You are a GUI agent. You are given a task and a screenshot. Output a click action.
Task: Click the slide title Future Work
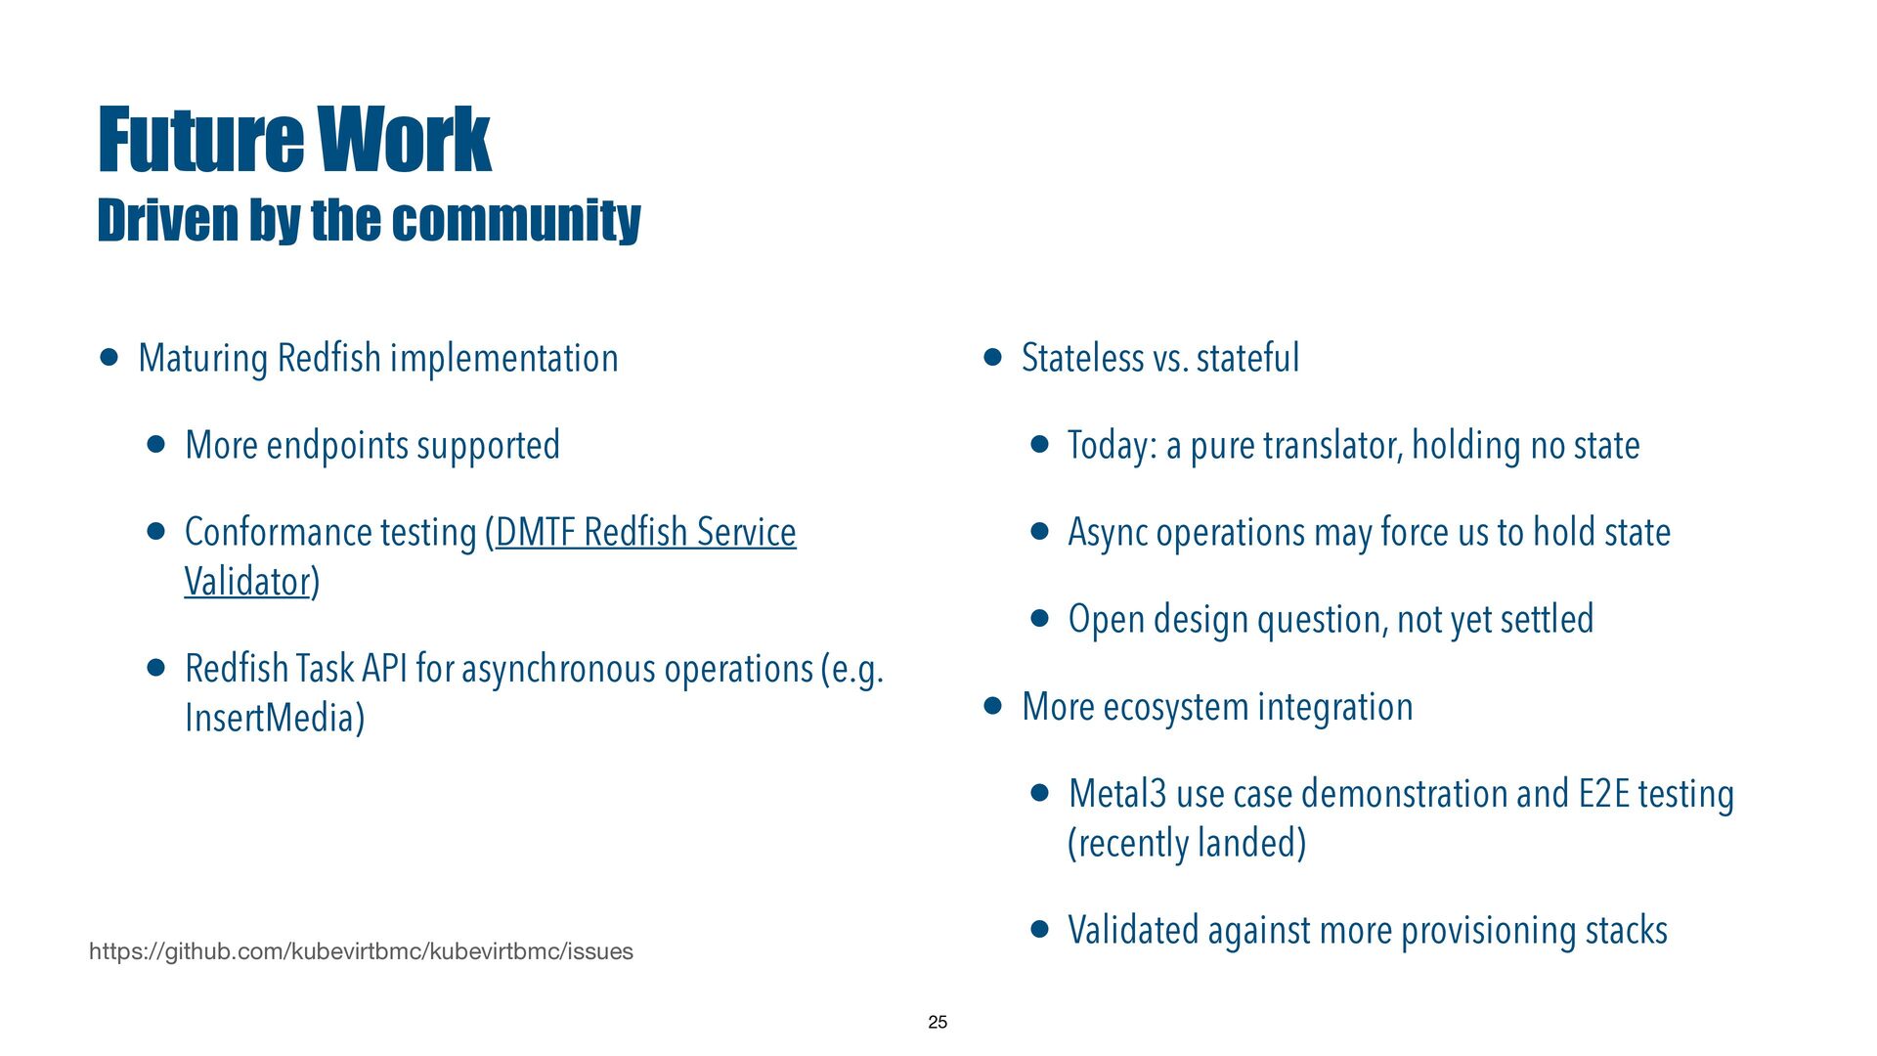[294, 140]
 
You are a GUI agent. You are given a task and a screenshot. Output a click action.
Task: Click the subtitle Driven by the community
[369, 219]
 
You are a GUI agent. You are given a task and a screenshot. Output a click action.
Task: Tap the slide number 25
[938, 1022]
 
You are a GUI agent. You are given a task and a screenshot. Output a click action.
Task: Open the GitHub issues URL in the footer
[361, 951]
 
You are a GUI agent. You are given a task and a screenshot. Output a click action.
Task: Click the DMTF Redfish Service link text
[646, 532]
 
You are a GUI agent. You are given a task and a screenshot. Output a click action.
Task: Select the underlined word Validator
[247, 581]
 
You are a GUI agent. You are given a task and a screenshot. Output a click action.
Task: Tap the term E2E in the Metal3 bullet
[1604, 793]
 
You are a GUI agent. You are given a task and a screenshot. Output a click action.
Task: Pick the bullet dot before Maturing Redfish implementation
[109, 358]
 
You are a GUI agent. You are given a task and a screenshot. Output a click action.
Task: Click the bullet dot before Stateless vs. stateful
[993, 358]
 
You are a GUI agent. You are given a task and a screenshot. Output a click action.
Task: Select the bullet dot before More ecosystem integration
[993, 706]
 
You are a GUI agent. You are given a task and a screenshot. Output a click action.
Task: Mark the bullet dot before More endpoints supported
[156, 445]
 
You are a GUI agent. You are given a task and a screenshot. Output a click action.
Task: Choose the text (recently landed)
[1187, 843]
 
